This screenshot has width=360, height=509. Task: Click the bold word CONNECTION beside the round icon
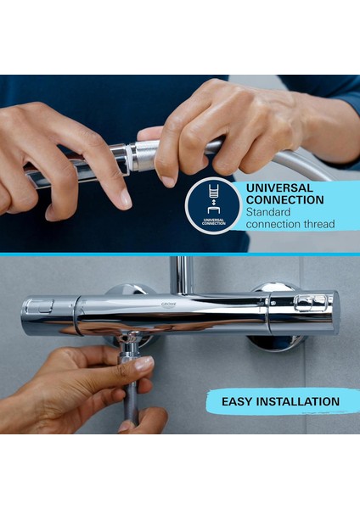284,200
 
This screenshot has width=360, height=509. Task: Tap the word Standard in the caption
269,212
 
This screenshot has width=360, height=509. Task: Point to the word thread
318,224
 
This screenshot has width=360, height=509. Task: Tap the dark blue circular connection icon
214,205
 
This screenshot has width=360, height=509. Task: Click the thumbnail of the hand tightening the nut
143,362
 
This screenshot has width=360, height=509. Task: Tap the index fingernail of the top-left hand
125,198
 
